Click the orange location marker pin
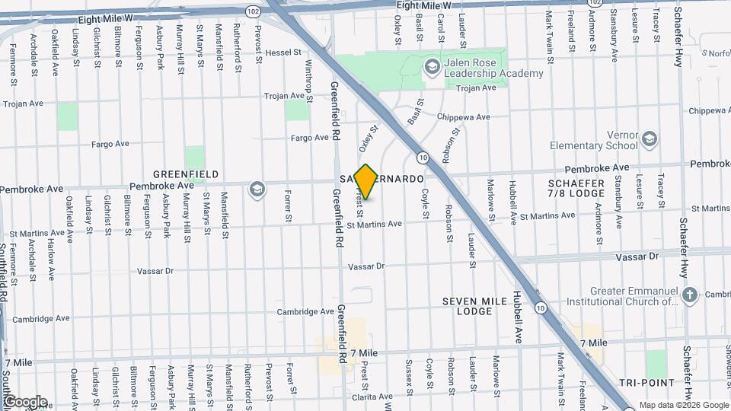click(x=366, y=182)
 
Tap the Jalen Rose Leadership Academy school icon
click(x=433, y=68)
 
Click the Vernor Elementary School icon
click(x=649, y=139)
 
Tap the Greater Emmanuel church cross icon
click(x=690, y=295)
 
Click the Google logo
click(x=25, y=401)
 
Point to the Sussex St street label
click(x=409, y=374)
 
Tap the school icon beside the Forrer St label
click(x=257, y=189)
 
